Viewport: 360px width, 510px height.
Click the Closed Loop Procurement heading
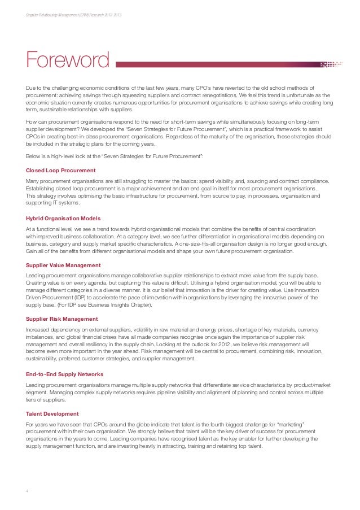click(61, 170)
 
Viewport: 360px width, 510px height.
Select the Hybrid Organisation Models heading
click(63, 218)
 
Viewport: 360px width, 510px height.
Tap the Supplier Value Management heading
click(63, 265)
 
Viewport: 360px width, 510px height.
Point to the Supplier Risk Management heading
click(62, 319)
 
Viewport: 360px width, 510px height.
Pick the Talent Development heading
click(52, 414)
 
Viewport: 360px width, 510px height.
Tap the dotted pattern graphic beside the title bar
click(331, 64)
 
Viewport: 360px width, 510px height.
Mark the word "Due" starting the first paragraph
click(32, 89)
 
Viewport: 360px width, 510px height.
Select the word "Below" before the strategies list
click(34, 156)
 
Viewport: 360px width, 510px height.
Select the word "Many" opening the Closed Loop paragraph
click(33, 181)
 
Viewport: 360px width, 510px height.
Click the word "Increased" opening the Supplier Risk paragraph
click(38, 329)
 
